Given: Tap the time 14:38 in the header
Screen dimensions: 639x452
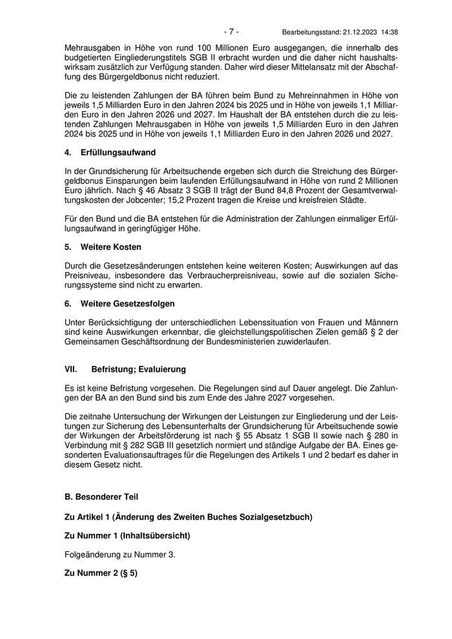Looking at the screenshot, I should [389, 32].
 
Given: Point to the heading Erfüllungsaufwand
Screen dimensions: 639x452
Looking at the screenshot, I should [118, 153].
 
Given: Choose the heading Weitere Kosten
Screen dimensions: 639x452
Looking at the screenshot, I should [110, 247].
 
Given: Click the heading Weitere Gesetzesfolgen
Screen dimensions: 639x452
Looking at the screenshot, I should [128, 303].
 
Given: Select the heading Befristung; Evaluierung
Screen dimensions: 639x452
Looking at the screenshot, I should [138, 369].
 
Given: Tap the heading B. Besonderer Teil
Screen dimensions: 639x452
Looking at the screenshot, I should [101, 497].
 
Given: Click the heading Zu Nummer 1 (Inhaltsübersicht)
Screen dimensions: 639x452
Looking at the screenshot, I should [127, 536].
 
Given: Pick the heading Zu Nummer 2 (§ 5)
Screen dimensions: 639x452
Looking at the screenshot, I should [101, 573].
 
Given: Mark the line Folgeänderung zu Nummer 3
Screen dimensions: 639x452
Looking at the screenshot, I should [120, 554].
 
